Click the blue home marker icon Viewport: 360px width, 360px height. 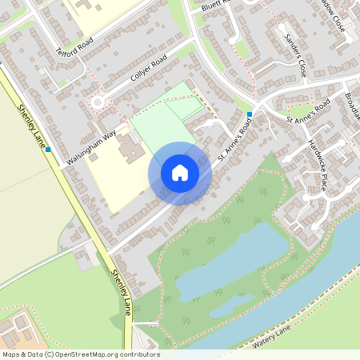pos(180,173)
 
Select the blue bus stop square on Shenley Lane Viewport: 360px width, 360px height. pos(48,149)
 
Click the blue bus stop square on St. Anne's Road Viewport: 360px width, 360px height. pos(250,114)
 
